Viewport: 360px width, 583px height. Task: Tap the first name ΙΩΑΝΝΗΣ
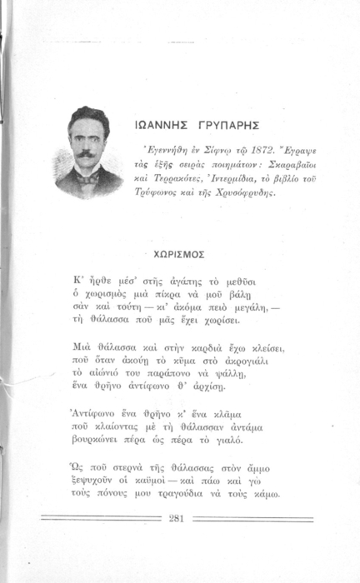click(x=161, y=130)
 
